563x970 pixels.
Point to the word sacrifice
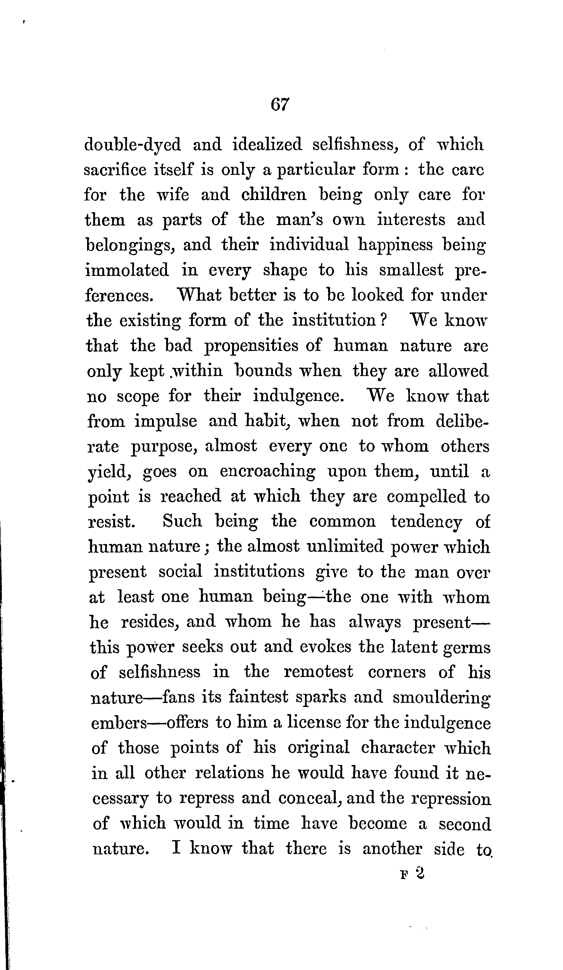tap(115, 170)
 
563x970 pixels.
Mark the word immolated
tap(127, 270)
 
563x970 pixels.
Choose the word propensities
tap(251, 346)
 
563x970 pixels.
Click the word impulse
tap(165, 422)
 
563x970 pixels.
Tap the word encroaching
tap(267, 472)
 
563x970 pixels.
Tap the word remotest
tap(318, 672)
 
